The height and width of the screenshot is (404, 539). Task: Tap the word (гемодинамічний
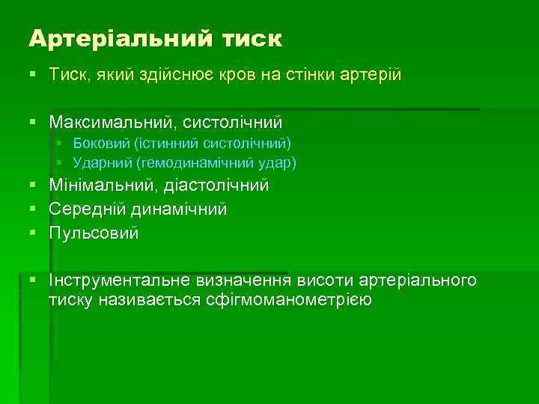[x=189, y=161]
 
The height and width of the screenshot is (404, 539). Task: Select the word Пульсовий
[x=94, y=233]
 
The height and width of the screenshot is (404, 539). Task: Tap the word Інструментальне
[x=120, y=281]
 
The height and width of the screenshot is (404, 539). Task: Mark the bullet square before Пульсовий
[x=34, y=233]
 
